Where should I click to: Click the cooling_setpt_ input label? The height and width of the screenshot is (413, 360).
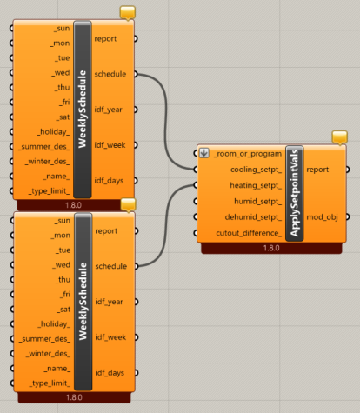pyautogui.click(x=256, y=170)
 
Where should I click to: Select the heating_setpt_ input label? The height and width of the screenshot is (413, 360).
pyautogui.click(x=256, y=185)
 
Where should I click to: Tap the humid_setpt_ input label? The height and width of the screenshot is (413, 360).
pyautogui.click(x=257, y=201)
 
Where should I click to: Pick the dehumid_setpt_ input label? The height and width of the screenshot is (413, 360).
pyautogui.click(x=253, y=217)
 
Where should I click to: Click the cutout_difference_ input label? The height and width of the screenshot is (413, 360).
pyautogui.click(x=249, y=233)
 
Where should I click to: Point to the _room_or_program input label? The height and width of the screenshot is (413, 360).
pyautogui.click(x=248, y=154)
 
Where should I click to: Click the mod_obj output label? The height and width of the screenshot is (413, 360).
pyautogui.click(x=322, y=217)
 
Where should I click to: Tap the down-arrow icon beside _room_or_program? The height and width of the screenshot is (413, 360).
pyautogui.click(x=204, y=153)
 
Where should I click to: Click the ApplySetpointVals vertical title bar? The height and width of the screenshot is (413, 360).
pyautogui.click(x=295, y=193)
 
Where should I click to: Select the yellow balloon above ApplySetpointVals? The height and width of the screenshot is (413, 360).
pyautogui.click(x=339, y=137)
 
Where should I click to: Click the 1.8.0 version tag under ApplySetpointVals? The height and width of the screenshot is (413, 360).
pyautogui.click(x=271, y=248)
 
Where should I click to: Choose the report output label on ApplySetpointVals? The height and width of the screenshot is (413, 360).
pyautogui.click(x=317, y=170)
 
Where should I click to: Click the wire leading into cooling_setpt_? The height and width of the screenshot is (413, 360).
pyautogui.click(x=166, y=122)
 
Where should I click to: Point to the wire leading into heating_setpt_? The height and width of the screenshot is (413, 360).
pyautogui.click(x=166, y=225)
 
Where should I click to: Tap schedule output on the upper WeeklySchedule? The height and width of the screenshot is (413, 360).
pyautogui.click(x=110, y=74)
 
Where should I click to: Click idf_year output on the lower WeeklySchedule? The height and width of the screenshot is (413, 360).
pyautogui.click(x=109, y=302)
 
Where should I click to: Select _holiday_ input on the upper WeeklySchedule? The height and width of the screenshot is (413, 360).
pyautogui.click(x=53, y=132)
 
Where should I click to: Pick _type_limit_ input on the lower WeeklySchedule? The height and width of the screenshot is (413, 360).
pyautogui.click(x=50, y=383)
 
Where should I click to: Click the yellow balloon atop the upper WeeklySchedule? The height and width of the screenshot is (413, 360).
pyautogui.click(x=128, y=12)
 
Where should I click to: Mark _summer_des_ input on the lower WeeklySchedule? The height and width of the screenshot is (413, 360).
pyautogui.click(x=44, y=339)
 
